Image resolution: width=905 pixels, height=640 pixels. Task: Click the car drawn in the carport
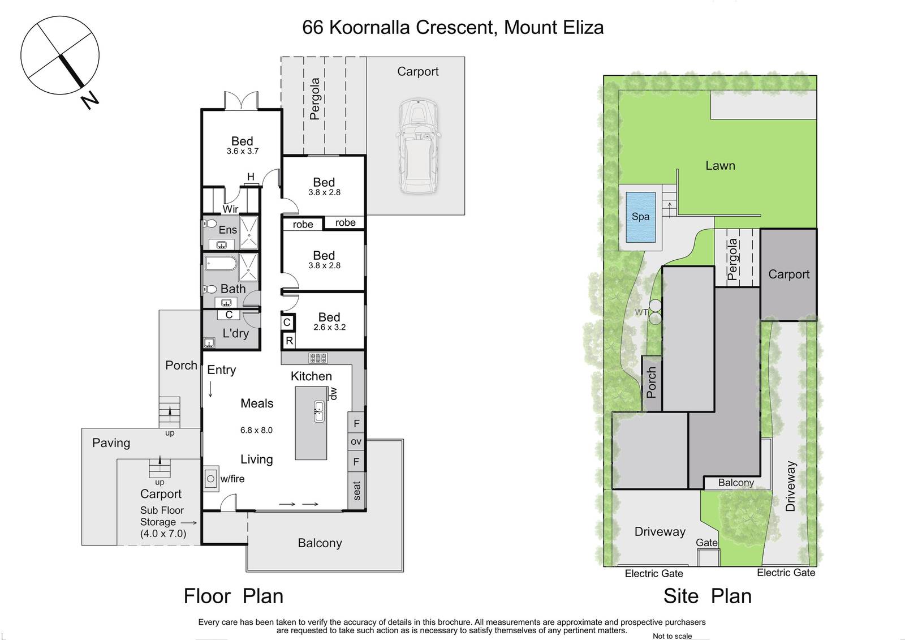point(418,146)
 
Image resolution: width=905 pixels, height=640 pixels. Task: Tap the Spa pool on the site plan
point(641,217)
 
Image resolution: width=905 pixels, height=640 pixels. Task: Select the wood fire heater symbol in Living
point(211,479)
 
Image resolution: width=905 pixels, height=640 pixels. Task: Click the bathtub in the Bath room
point(221,264)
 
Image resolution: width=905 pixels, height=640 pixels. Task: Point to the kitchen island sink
point(319,411)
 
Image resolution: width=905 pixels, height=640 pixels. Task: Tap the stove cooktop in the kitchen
point(318,358)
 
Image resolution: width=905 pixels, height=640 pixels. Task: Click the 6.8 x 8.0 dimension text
point(257,430)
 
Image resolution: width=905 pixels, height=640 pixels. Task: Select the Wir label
point(230,209)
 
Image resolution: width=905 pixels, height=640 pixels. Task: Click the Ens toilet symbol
point(210,223)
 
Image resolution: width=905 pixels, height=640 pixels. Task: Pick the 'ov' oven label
point(356,442)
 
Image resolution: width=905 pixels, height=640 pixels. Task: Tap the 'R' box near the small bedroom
point(289,341)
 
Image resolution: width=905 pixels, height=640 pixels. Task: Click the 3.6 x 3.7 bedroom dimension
point(243,151)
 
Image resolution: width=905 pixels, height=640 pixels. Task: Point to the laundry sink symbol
point(209,343)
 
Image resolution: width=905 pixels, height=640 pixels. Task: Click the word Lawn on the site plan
point(721,166)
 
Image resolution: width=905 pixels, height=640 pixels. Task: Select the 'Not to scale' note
point(673,636)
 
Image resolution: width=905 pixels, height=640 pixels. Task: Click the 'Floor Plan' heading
point(234,596)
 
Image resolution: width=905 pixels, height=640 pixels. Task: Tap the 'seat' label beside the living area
point(356,491)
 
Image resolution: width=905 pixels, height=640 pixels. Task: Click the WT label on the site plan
point(641,312)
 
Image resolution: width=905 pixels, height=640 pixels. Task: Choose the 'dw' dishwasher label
point(333,394)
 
